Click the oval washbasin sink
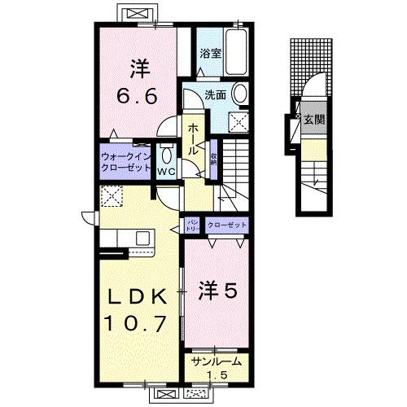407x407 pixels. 241,95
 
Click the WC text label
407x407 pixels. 166,173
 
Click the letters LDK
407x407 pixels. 135,295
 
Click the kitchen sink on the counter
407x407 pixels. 143,238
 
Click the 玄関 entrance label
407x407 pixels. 314,120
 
